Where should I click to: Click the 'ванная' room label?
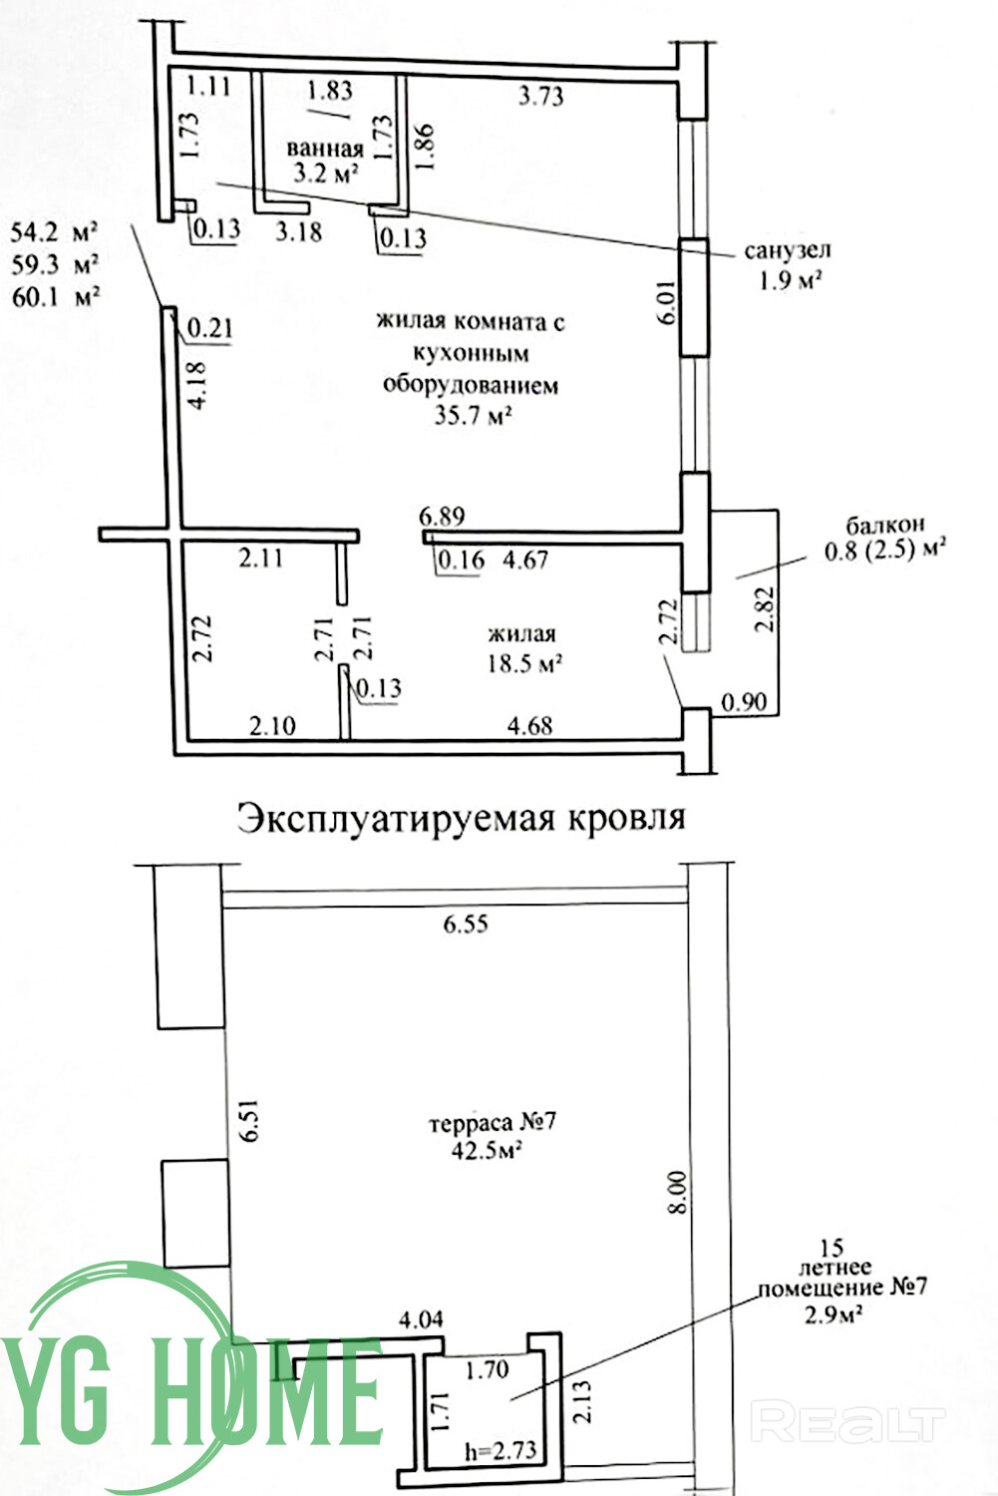[325, 149]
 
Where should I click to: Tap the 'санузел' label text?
[788, 250]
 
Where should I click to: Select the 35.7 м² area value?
[474, 416]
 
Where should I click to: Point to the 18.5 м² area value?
[524, 664]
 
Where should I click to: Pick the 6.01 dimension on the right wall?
[668, 302]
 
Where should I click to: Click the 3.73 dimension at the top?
[540, 97]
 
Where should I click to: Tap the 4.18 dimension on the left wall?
[197, 384]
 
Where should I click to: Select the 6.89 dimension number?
[442, 516]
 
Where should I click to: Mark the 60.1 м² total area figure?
[56, 296]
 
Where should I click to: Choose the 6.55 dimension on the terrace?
[466, 924]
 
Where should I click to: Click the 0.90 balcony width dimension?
[745, 702]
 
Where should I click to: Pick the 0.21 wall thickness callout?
[210, 328]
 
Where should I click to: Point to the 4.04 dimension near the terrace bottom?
[421, 1319]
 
